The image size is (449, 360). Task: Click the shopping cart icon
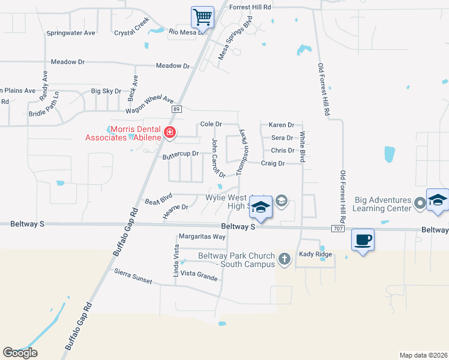pos(203,16)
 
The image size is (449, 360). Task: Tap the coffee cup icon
pos(362,240)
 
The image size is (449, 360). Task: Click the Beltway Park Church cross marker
pos(285,259)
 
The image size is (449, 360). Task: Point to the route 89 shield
pos(176,109)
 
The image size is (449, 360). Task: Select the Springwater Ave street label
pos(71,33)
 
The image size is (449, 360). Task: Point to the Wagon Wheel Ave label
pos(149,106)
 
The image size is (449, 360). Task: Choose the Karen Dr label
pos(282,125)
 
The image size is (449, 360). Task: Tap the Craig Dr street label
pos(273,163)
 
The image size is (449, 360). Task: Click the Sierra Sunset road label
pos(133,277)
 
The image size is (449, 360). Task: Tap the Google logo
pos(20,353)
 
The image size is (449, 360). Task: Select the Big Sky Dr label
pos(106,91)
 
